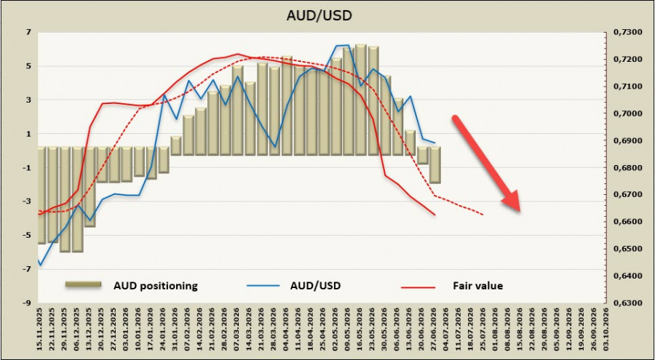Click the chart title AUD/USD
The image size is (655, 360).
pos(319,15)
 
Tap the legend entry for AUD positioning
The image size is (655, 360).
pos(156,286)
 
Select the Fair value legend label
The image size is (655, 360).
pos(478,286)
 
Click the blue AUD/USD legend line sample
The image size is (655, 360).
pos(263,286)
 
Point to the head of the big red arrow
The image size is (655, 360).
pos(519,211)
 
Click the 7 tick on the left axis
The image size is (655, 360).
pos(29,32)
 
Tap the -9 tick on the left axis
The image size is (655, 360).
pos(28,303)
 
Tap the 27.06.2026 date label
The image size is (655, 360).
pos(434,329)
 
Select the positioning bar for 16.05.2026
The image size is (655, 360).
pos(361,100)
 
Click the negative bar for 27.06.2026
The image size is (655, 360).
pos(434,165)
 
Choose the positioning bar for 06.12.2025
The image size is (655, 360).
pos(77,199)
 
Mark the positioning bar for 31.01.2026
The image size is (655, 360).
pos(176,145)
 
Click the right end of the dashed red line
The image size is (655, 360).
pos(483,215)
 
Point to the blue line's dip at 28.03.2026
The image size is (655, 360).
pos(274,147)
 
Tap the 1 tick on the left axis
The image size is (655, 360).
pos(29,134)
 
